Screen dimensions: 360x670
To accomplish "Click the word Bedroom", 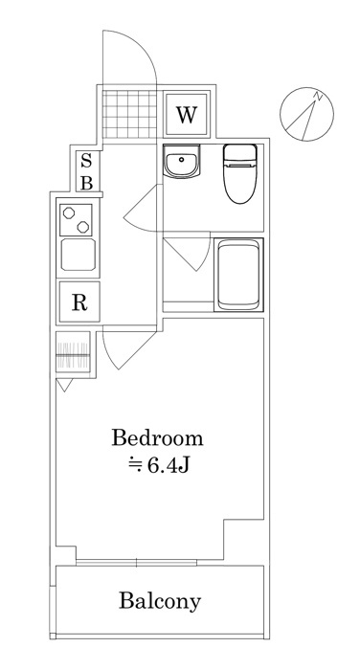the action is click(157, 438).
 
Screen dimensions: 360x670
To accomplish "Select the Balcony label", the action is click(160, 601).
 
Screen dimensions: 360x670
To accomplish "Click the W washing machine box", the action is click(187, 114).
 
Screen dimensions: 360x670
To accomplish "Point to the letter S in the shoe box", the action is click(86, 161).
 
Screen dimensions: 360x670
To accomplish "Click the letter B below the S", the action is click(87, 183).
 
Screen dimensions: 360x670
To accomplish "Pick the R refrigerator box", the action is click(79, 301).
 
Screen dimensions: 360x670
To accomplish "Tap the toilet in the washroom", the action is click(240, 173).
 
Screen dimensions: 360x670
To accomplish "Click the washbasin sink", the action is click(182, 161).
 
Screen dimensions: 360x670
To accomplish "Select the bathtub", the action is click(238, 275).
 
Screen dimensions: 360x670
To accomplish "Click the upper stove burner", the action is click(68, 212).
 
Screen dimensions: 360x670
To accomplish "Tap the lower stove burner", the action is click(83, 227).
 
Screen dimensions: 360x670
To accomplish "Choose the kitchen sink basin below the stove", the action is click(79, 255).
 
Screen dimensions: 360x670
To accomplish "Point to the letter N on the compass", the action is click(317, 96).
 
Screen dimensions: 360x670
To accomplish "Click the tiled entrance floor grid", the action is click(129, 114).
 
